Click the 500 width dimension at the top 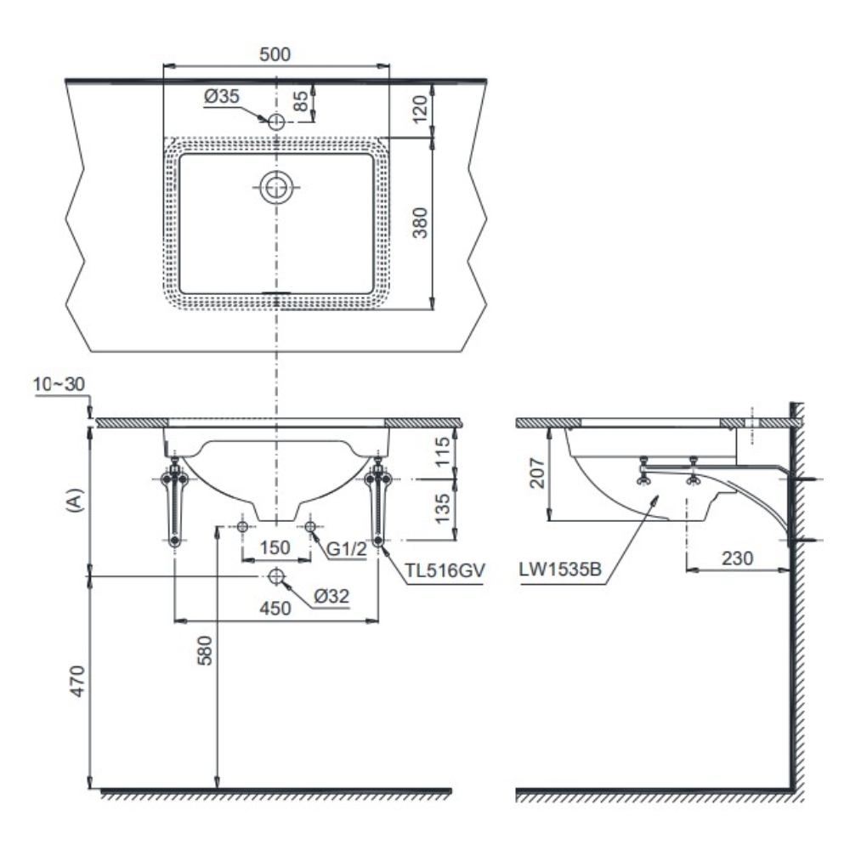point(275,54)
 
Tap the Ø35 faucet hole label point(221,98)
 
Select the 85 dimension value point(300,102)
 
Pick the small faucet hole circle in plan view point(275,122)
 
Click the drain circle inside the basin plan point(275,187)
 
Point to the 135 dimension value point(441,508)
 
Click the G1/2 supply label point(347,548)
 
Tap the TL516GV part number point(445,571)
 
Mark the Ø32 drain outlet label point(331,597)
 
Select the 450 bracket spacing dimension point(276,608)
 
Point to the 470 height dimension point(77,682)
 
